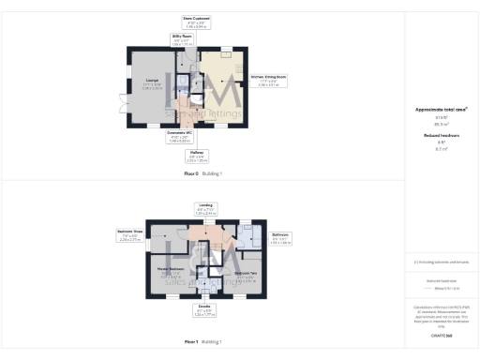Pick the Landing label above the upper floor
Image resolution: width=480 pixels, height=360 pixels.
pyautogui.click(x=205, y=209)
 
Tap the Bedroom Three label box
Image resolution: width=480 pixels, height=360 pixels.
pyautogui.click(x=130, y=234)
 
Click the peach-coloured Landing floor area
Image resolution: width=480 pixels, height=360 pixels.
pyautogui.click(x=203, y=232)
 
